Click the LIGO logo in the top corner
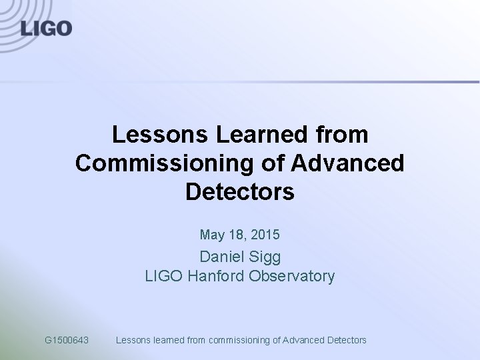[x=45, y=28]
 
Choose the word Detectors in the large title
[x=239, y=192]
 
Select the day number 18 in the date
[x=236, y=235]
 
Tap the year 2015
[x=265, y=235]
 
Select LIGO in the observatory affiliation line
[x=164, y=276]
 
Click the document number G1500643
[x=67, y=340]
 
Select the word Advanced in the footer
[x=305, y=340]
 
